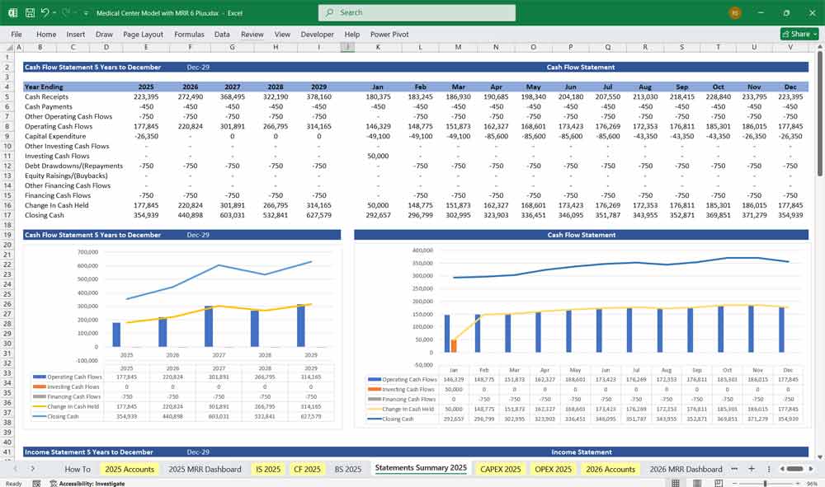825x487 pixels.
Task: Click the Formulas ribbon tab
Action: [x=189, y=35]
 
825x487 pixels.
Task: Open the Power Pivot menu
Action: [x=389, y=35]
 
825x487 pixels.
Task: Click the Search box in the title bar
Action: [x=417, y=12]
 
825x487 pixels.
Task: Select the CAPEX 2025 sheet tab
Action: [x=500, y=469]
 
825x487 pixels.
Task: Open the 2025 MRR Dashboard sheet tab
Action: [x=205, y=469]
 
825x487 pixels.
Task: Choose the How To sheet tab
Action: [x=78, y=469]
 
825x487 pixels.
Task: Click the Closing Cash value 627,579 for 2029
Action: [x=318, y=215]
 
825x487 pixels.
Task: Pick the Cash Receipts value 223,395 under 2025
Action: [x=145, y=96]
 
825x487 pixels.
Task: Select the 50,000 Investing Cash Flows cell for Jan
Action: [x=378, y=156]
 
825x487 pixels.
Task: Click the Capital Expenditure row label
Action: [x=55, y=136]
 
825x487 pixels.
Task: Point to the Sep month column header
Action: [x=681, y=87]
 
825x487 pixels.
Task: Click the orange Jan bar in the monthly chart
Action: [x=454, y=345]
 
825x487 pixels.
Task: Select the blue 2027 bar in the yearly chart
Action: [x=209, y=325]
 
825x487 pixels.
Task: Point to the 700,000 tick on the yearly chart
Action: [x=86, y=252]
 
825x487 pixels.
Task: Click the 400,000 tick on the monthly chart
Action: [x=422, y=251]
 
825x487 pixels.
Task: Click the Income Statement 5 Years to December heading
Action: [x=88, y=452]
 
